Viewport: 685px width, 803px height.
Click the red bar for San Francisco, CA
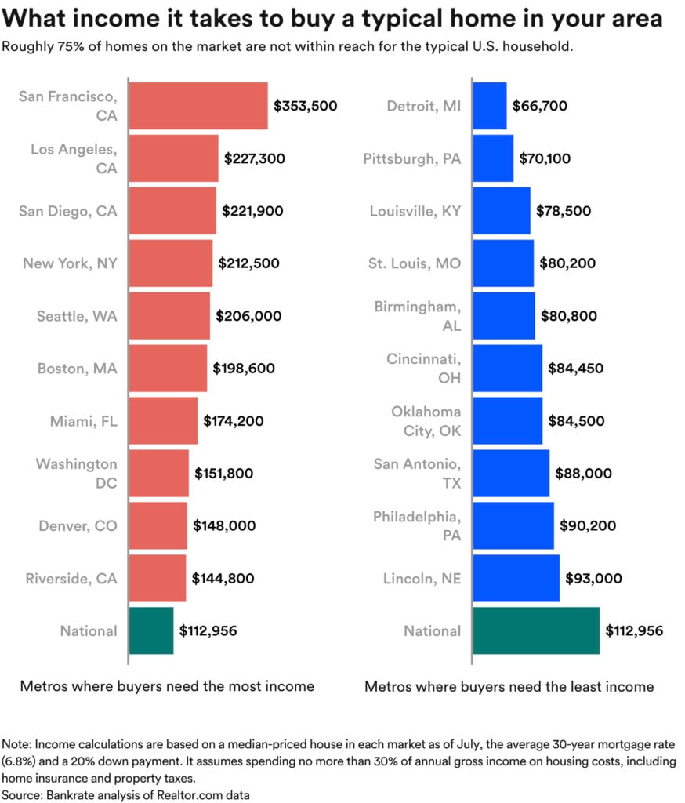pos(198,106)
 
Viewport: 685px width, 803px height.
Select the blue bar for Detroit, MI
pos(490,106)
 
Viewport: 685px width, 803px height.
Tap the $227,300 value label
pos(255,158)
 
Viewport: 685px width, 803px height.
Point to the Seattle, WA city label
pos(77,316)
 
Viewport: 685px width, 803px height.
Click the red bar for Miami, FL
pos(163,421)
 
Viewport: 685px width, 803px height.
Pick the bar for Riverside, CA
pos(157,579)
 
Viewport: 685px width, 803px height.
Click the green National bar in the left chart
pos(150,630)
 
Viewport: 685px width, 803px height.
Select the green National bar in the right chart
pos(536,630)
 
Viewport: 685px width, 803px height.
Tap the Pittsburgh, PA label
pos(412,158)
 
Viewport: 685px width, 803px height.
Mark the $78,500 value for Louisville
pos(564,211)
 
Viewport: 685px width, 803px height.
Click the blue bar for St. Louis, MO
pos(503,263)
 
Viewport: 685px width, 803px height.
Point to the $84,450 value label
pos(575,369)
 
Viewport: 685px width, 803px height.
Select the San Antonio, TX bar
pos(511,474)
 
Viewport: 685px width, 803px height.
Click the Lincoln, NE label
pos(422,579)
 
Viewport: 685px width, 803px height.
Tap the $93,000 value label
pos(593,579)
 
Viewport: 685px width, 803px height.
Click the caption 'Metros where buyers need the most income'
pos(167,686)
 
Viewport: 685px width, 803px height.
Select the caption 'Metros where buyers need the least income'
pos(509,686)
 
